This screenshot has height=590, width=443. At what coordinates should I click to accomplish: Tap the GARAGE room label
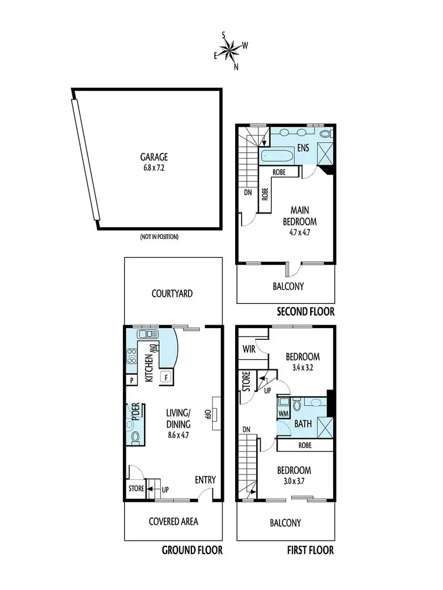click(x=154, y=157)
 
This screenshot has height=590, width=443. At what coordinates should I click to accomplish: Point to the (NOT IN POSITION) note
click(x=159, y=237)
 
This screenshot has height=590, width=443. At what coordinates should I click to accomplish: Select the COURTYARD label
click(x=172, y=293)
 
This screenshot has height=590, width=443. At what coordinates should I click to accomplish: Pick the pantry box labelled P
click(x=131, y=381)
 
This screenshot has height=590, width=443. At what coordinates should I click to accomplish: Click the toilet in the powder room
click(x=135, y=437)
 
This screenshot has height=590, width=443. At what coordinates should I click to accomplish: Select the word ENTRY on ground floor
click(x=205, y=480)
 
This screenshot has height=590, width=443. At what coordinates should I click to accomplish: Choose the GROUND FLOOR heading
click(x=192, y=550)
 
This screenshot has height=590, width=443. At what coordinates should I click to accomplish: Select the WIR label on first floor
click(x=249, y=349)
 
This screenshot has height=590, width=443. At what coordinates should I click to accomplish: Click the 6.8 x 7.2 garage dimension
click(x=154, y=168)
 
